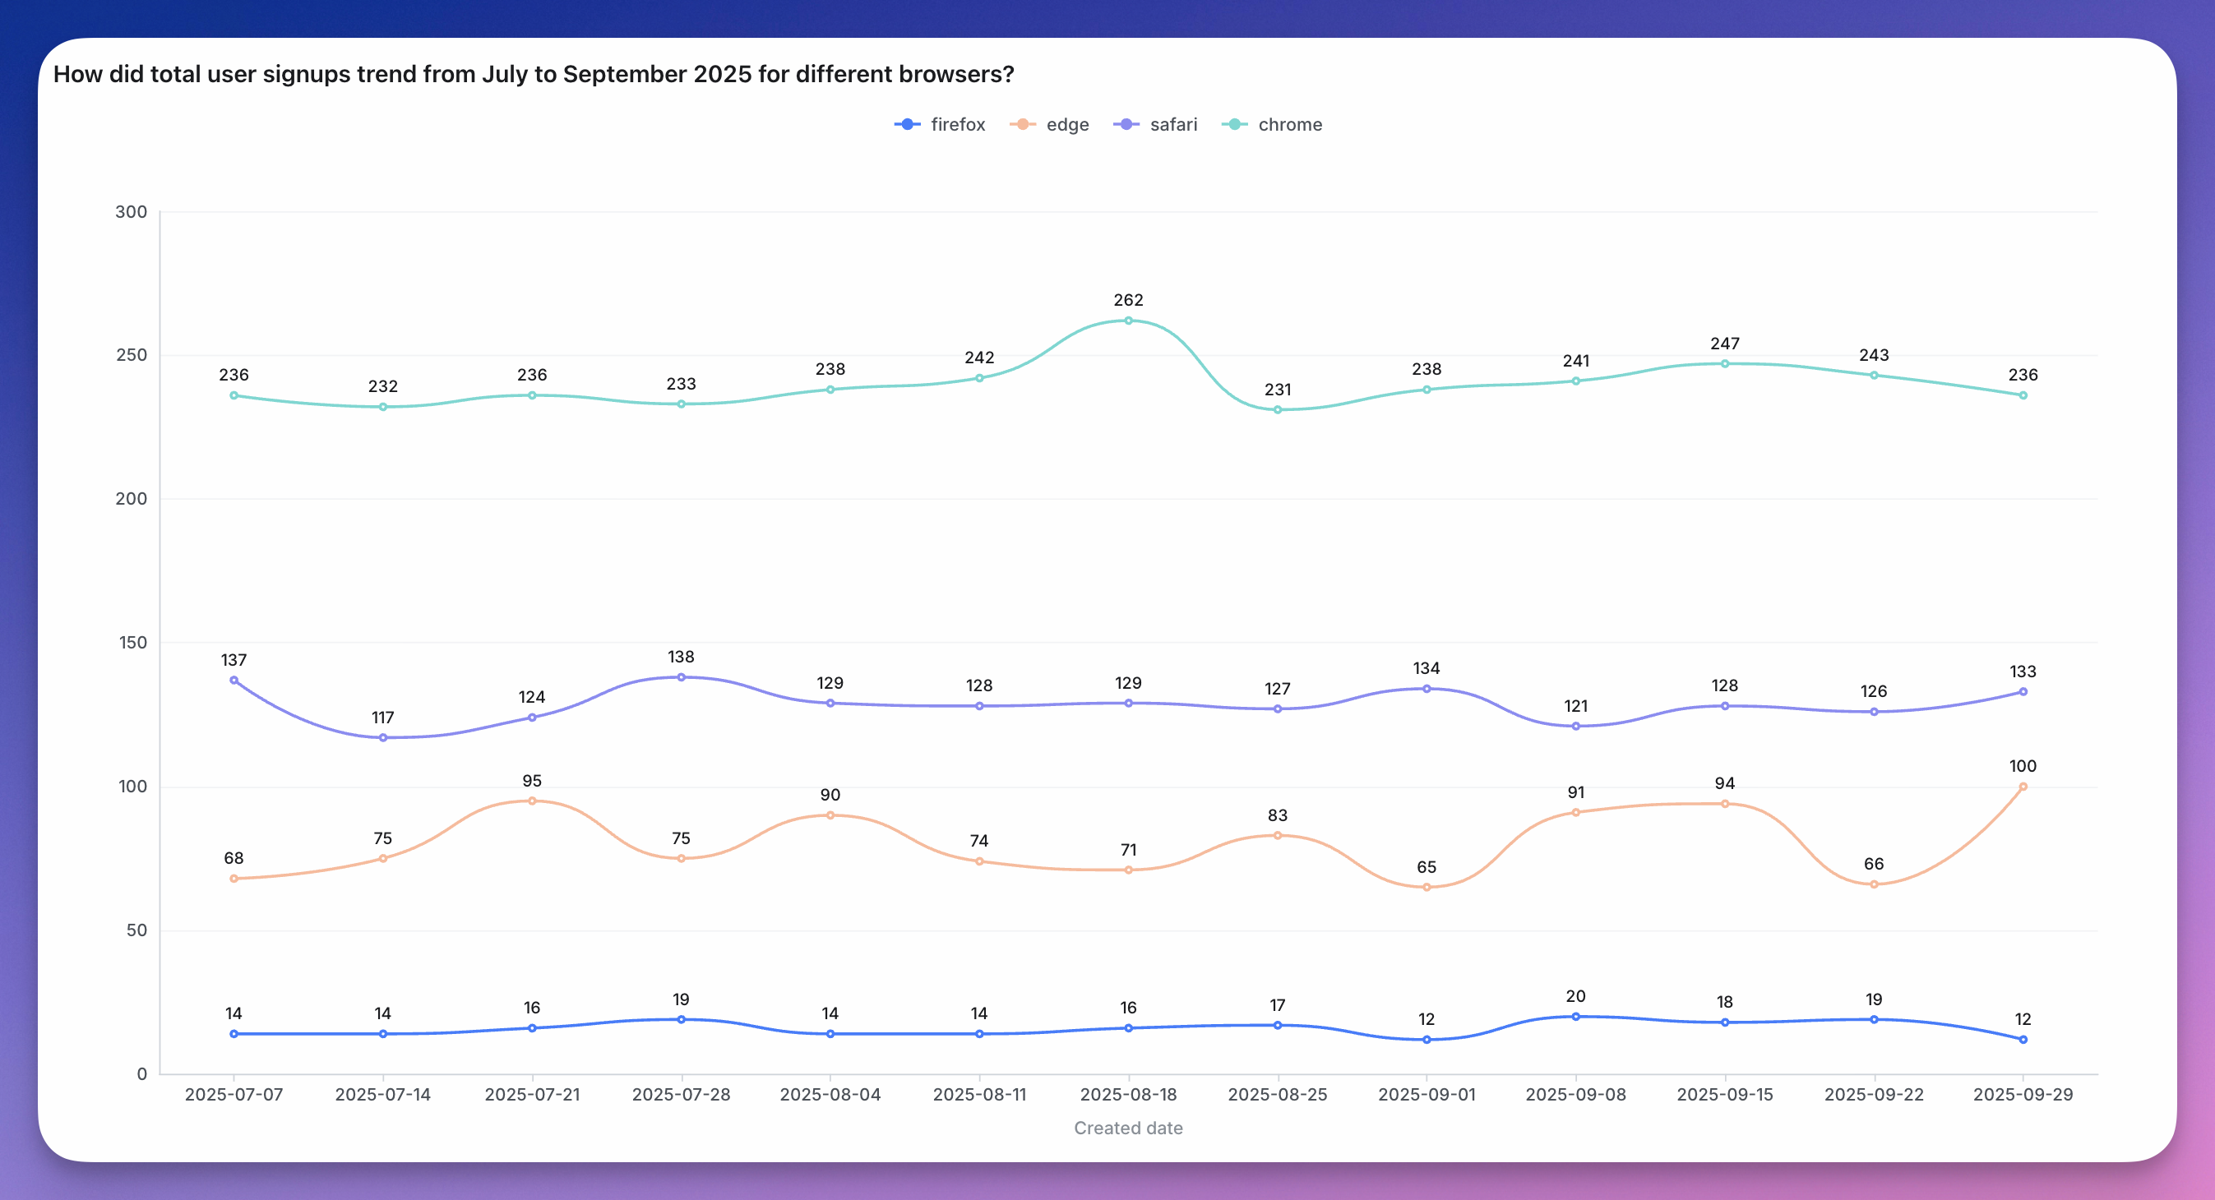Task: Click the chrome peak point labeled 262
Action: coord(1128,321)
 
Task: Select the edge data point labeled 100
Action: coord(2023,787)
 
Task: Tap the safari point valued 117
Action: coord(382,737)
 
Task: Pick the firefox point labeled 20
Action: coord(1575,1016)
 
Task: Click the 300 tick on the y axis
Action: coord(132,211)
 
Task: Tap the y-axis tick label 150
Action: coord(132,642)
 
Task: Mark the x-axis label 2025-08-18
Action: coord(1128,1094)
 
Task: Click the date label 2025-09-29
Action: coord(2023,1094)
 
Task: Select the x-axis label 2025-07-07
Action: coord(234,1094)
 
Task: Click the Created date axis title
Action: coord(1128,1128)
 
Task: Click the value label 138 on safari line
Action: coord(681,657)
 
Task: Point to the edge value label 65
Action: coord(1427,867)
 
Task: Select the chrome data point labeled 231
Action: coord(1278,410)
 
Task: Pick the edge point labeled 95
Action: coord(532,801)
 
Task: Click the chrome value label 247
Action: coord(1725,344)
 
